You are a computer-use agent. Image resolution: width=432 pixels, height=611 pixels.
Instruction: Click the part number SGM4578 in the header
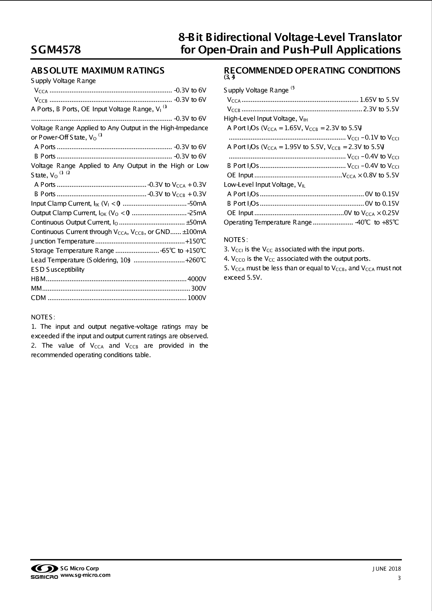click(56, 50)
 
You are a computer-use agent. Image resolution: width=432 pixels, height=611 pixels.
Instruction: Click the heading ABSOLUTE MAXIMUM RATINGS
click(98, 71)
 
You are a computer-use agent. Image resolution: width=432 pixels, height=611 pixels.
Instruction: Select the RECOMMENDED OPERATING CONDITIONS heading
click(312, 71)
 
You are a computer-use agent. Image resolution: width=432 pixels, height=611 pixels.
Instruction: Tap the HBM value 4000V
click(197, 279)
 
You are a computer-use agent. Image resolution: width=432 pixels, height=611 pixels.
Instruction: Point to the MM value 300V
click(199, 289)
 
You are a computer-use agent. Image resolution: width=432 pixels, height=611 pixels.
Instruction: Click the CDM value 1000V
click(197, 298)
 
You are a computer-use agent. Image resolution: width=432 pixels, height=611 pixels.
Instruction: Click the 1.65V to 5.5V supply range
click(379, 100)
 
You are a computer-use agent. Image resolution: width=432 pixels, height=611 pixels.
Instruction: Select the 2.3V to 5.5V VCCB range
click(381, 109)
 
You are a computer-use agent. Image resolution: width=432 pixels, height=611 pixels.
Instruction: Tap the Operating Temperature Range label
click(267, 222)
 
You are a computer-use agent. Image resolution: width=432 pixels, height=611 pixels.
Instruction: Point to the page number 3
click(399, 578)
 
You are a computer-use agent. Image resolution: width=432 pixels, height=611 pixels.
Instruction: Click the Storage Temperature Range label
click(72, 251)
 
